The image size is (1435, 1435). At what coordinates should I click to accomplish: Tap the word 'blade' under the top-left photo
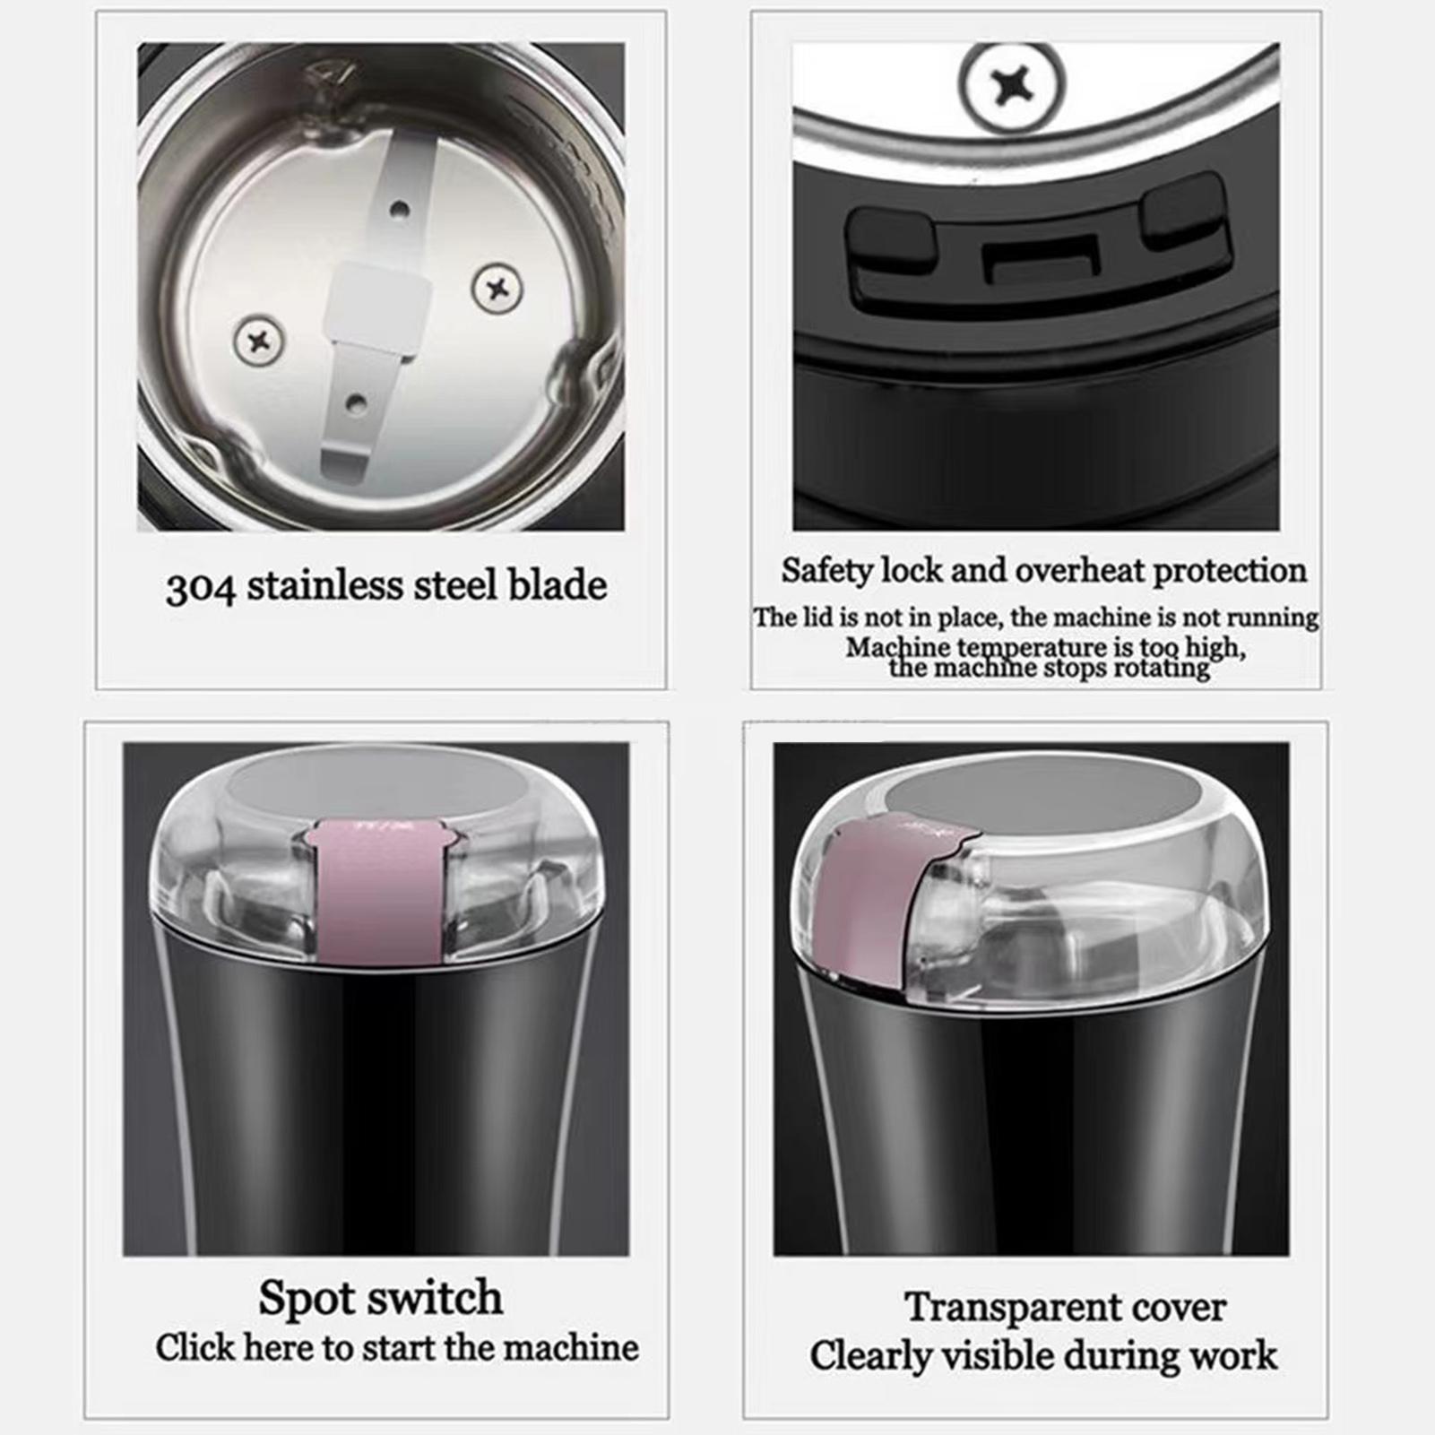(558, 585)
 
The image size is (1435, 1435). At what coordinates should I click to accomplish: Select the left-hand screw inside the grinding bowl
(260, 341)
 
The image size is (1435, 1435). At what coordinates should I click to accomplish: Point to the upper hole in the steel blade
(400, 211)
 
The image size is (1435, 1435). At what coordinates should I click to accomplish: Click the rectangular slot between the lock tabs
(1042, 259)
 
